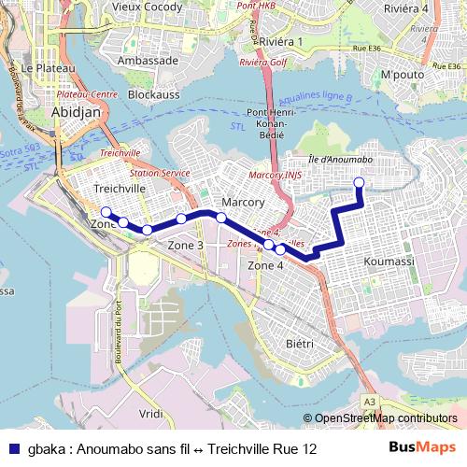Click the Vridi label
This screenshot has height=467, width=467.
[x=149, y=413]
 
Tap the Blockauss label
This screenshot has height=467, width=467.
[x=153, y=94]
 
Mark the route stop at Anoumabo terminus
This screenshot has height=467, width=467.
[x=360, y=182]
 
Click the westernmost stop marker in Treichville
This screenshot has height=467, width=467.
[x=106, y=211]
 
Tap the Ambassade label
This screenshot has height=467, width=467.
[x=148, y=60]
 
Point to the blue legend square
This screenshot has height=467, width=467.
[x=11, y=449]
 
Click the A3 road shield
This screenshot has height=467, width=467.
[x=371, y=402]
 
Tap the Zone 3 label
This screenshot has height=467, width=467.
[x=186, y=245]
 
